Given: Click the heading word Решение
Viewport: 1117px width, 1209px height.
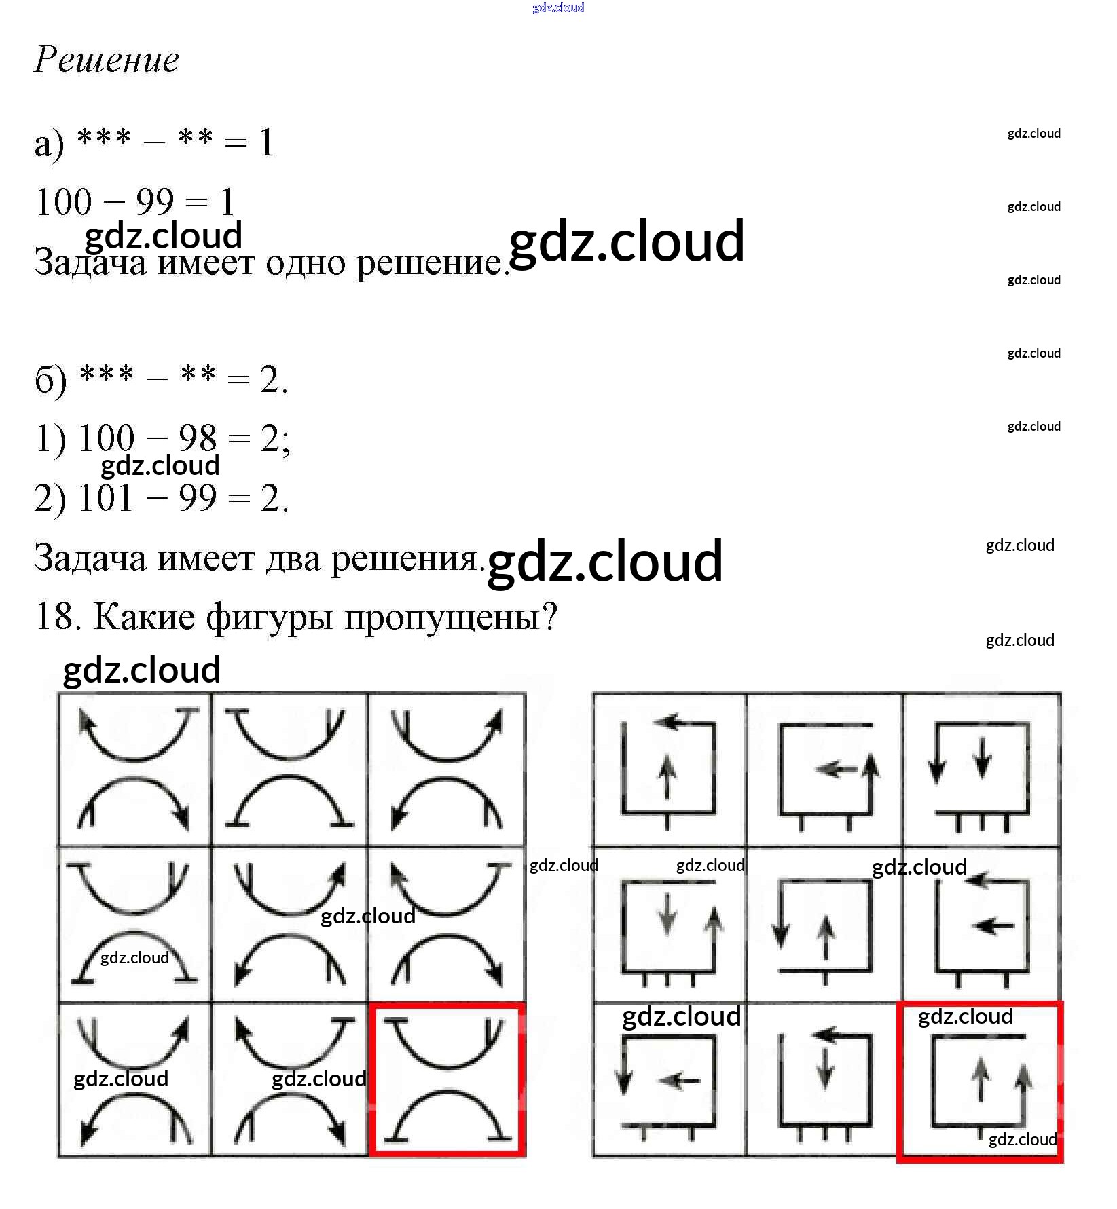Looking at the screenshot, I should tap(107, 60).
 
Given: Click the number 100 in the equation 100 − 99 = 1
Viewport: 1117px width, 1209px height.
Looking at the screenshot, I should tap(63, 202).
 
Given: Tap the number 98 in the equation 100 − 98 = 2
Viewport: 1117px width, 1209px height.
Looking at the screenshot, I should tap(198, 438).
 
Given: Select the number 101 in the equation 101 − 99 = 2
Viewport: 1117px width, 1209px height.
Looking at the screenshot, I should tap(105, 498).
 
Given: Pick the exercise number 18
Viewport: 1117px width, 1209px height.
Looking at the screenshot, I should tap(54, 617).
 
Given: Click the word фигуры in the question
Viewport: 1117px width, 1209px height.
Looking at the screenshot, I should tap(270, 618).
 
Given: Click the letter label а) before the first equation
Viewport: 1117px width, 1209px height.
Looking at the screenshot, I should tap(49, 144).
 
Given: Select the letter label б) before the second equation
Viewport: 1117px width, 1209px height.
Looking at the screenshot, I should tap(51, 380).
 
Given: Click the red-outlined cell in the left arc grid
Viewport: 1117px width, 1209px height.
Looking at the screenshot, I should tap(446, 1079).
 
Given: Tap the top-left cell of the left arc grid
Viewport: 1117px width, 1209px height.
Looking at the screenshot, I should tap(134, 769).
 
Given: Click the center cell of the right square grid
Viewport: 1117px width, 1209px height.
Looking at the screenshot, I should tap(824, 925).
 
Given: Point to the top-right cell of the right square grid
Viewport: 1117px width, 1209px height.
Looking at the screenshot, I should tap(982, 769).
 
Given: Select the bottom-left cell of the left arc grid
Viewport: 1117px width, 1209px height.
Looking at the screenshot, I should tap(134, 1079).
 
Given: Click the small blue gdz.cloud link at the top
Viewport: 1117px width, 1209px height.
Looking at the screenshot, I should tap(558, 7).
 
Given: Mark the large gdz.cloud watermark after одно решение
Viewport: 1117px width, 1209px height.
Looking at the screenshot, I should tap(626, 242).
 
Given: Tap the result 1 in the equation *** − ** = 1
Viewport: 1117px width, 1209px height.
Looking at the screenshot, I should tap(266, 143).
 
